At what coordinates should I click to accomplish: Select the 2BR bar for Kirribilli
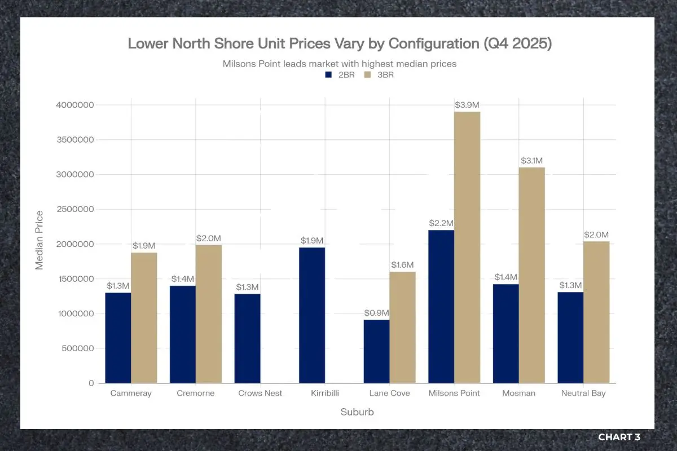[x=312, y=315]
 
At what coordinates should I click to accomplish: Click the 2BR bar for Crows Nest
[x=248, y=338]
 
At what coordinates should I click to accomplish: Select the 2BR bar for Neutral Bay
[x=570, y=337]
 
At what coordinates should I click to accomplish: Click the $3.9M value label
[x=467, y=105]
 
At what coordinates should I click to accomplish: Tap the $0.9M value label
[x=376, y=313]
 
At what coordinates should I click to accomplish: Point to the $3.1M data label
[x=532, y=161]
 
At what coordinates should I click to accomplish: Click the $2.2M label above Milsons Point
[x=441, y=223]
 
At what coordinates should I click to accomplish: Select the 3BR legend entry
[x=379, y=74]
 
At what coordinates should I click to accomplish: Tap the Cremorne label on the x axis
[x=195, y=393]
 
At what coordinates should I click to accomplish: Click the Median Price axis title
[x=39, y=240]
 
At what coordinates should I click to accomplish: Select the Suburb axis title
[x=357, y=412]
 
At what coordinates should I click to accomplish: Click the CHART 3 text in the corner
[x=619, y=437]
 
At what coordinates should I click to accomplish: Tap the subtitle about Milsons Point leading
[x=340, y=64]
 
